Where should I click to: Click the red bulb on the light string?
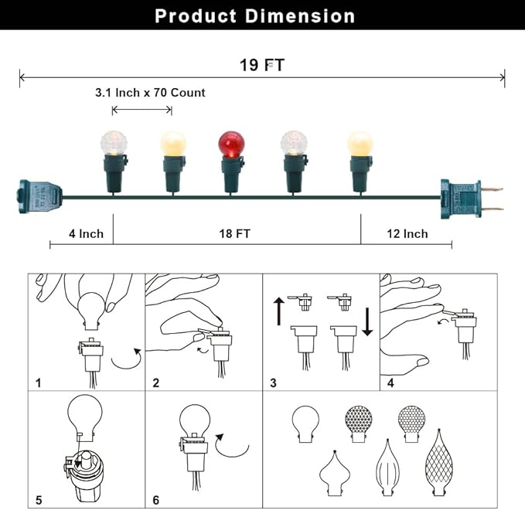pyautogui.click(x=231, y=144)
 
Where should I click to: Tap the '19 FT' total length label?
pyautogui.click(x=262, y=65)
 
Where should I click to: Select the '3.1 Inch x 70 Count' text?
pyautogui.click(x=150, y=93)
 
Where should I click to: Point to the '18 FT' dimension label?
pyautogui.click(x=235, y=233)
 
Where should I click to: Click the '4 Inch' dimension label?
pyautogui.click(x=86, y=233)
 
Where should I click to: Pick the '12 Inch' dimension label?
pyautogui.click(x=407, y=233)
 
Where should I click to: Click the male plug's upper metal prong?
pyautogui.click(x=492, y=189)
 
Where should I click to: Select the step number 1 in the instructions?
pyautogui.click(x=39, y=382)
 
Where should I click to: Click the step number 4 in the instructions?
pyautogui.click(x=390, y=382)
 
